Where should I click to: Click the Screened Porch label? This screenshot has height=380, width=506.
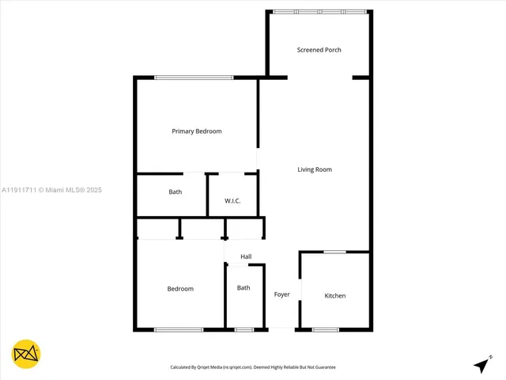(x=319, y=50)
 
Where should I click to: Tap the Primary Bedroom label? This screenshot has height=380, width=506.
(x=197, y=131)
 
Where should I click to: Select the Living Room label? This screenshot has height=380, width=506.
(x=315, y=169)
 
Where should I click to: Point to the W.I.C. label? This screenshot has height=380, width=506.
(x=232, y=201)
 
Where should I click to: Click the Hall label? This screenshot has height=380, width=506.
(x=246, y=256)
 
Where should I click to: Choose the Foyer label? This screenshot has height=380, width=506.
(x=282, y=294)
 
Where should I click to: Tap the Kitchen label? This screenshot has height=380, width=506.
(x=335, y=296)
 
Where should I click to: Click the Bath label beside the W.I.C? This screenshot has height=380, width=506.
(x=176, y=192)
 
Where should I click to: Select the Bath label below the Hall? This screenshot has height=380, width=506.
(x=244, y=287)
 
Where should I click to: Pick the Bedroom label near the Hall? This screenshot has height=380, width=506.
(x=180, y=289)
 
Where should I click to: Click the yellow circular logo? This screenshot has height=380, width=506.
(x=26, y=353)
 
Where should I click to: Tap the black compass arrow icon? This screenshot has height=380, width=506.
(x=481, y=365)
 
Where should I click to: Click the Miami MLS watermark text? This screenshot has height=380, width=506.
(x=52, y=190)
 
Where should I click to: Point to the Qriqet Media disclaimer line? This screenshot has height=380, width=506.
(x=253, y=367)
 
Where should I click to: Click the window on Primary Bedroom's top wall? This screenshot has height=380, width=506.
(x=194, y=77)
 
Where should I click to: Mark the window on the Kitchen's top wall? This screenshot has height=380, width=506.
(x=334, y=252)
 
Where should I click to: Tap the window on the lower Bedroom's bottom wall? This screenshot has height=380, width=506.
(x=179, y=329)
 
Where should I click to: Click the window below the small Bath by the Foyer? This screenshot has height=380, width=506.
(x=244, y=329)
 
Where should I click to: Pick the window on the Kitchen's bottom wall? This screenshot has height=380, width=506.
(x=325, y=329)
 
